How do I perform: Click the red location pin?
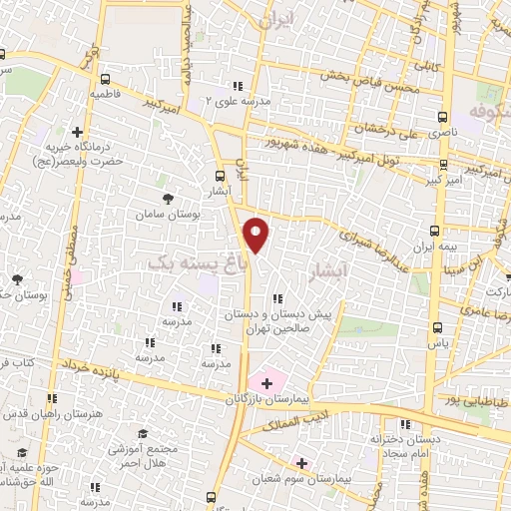click(x=256, y=236)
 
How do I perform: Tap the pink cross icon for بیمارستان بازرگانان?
click(x=266, y=382)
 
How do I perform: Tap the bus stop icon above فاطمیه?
click(x=105, y=78)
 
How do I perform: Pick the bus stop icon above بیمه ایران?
click(x=440, y=228)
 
